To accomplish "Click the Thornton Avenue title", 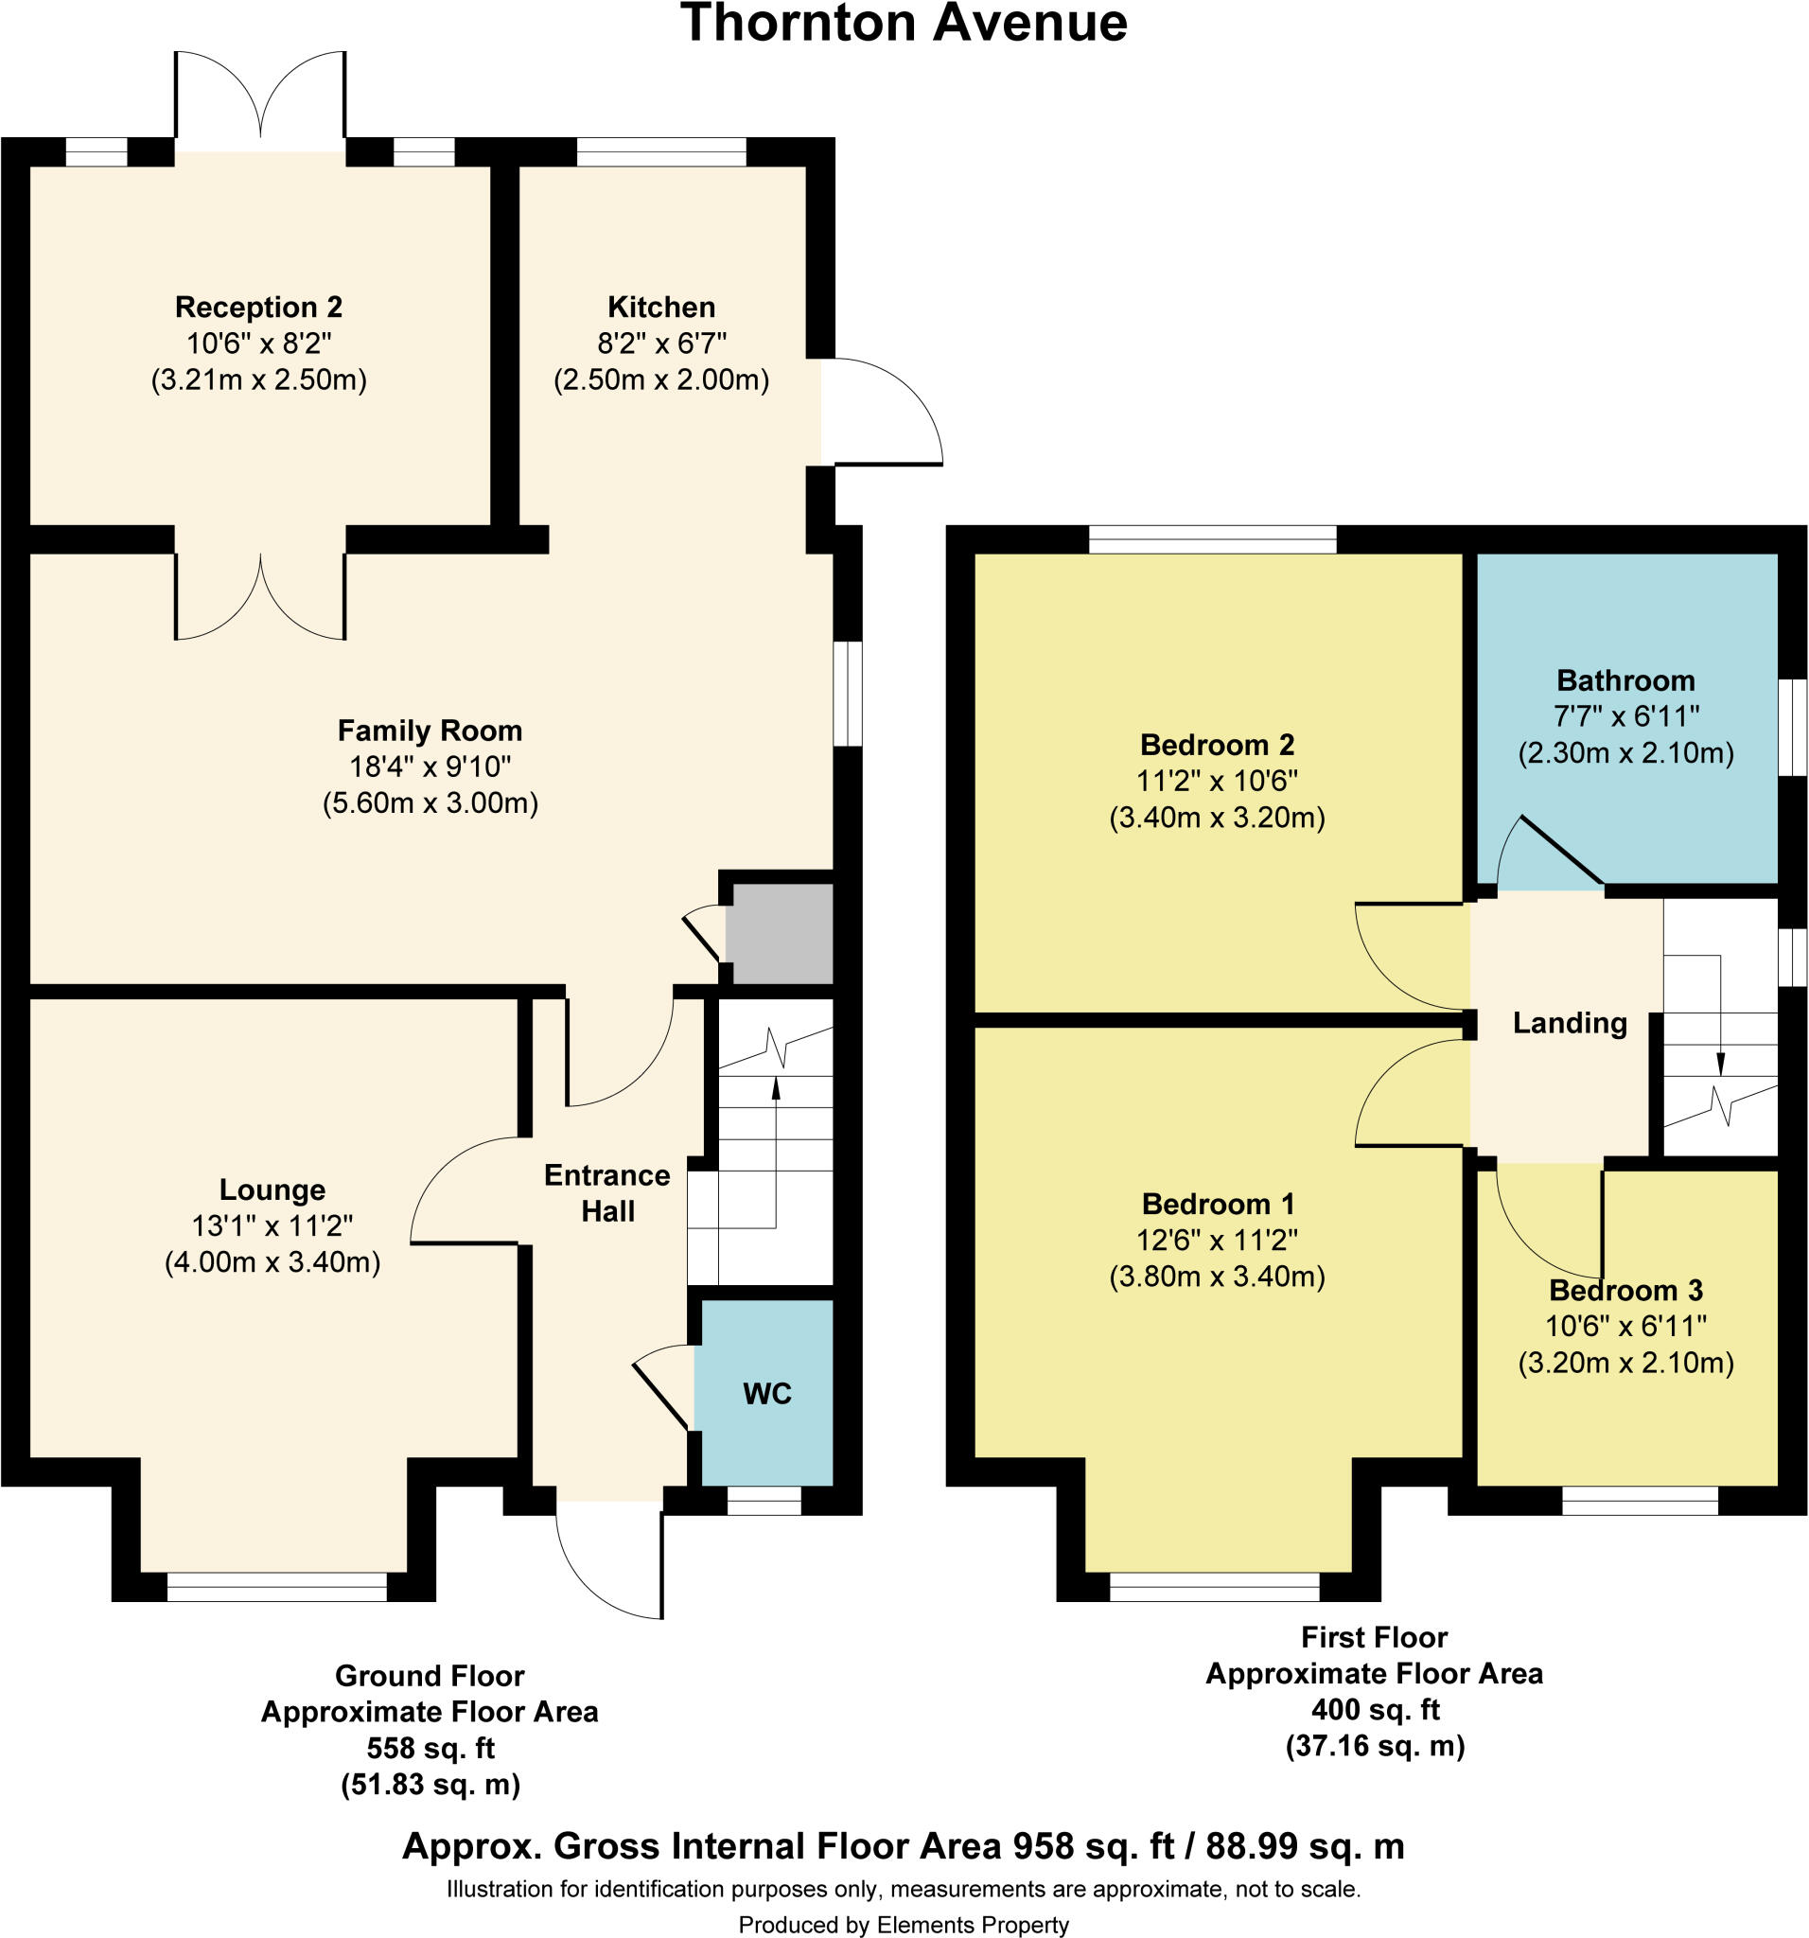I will coord(904,24).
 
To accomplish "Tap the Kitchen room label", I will coord(660,308).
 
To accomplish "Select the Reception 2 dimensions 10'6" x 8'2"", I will coord(258,344).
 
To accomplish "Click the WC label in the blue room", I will coord(767,1394).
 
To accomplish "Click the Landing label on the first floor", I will coord(1570,1023).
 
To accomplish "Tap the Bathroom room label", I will coord(1625,680).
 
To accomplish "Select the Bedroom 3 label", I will coord(1625,1291).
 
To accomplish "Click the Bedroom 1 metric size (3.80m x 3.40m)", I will coord(1217,1277).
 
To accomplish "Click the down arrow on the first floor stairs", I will coord(1720,1063).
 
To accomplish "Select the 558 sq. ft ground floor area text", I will coord(430,1748).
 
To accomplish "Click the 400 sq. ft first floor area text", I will coord(1375,1709).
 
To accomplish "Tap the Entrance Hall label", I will coord(606,1193).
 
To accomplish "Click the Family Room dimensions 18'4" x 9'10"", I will coord(430,766).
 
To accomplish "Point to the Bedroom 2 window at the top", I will coord(1212,539).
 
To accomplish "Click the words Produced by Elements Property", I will coord(904,1925).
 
